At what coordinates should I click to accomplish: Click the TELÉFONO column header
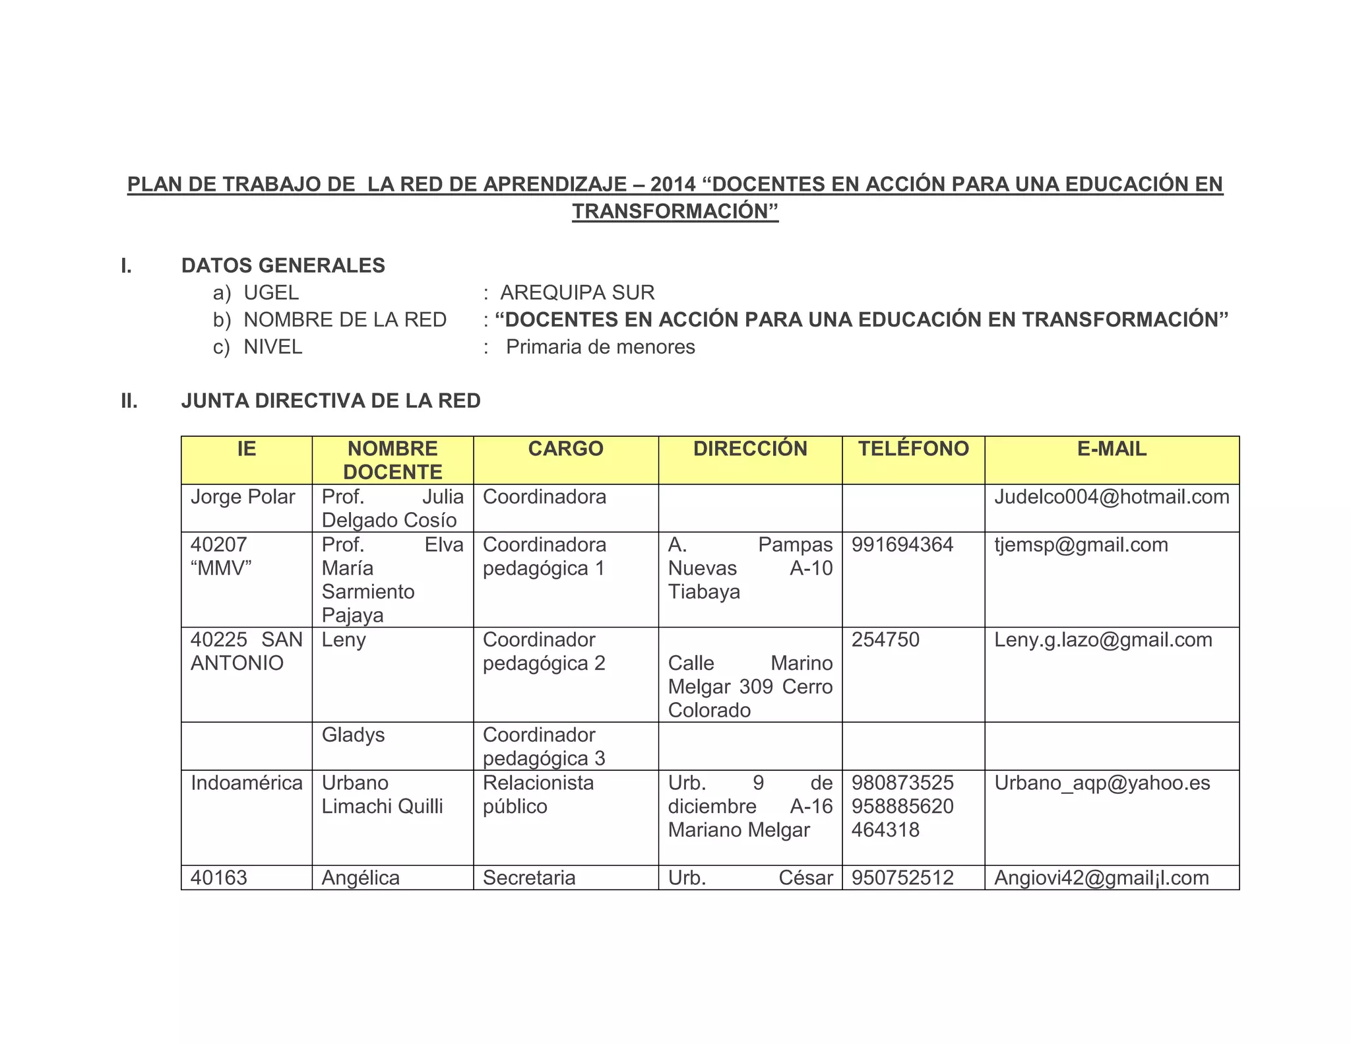[913, 449]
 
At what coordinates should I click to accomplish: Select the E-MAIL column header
[1112, 449]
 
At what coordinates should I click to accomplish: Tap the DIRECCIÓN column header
[750, 449]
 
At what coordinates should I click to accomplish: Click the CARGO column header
[565, 449]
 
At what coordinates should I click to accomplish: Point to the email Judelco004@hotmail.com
[1112, 497]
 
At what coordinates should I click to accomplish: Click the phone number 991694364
[902, 545]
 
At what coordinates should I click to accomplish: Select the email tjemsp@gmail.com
[1081, 545]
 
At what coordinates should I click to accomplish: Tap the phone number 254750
[885, 640]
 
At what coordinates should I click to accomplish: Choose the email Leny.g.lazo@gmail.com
[1103, 640]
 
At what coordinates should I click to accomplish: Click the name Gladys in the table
[353, 735]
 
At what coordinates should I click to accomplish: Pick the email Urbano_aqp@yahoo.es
[1102, 783]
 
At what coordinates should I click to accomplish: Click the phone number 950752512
[902, 878]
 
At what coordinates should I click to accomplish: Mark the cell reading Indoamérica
[246, 783]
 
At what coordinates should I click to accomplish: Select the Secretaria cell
[529, 878]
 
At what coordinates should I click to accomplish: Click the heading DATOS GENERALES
[283, 265]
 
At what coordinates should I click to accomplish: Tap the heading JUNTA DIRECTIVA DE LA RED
[330, 401]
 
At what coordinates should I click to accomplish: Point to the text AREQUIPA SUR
[577, 292]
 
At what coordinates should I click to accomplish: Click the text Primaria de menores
[600, 347]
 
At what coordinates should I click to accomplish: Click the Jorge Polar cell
[242, 497]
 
